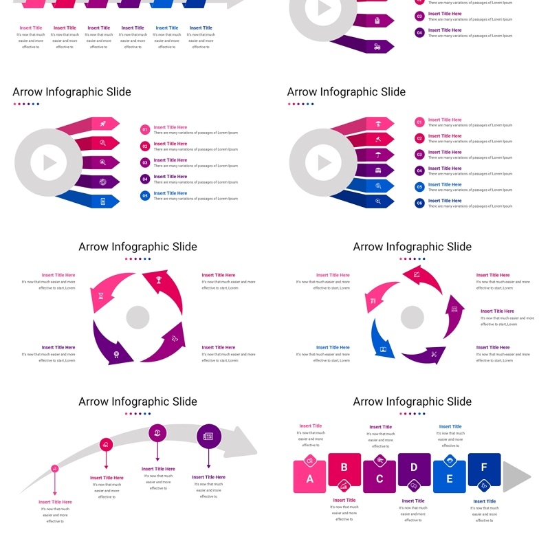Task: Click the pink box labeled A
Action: click(x=309, y=477)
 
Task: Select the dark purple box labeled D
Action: click(x=414, y=469)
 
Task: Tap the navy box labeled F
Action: click(x=484, y=469)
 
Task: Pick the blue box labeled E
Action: click(x=450, y=477)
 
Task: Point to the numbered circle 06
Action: click(x=419, y=203)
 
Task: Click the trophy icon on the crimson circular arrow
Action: click(x=159, y=280)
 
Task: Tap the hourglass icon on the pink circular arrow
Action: click(x=101, y=296)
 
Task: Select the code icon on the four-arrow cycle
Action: click(x=175, y=338)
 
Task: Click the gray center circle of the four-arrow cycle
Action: click(x=137, y=318)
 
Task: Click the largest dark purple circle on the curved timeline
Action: click(x=209, y=436)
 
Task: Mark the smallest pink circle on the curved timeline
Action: click(x=55, y=468)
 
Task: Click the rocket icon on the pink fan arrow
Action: click(x=102, y=124)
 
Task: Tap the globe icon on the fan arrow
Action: click(x=102, y=182)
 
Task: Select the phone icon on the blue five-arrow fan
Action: click(x=102, y=201)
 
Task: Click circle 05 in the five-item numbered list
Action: click(x=145, y=196)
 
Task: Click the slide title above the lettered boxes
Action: click(x=412, y=401)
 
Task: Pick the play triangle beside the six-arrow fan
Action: click(x=324, y=163)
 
